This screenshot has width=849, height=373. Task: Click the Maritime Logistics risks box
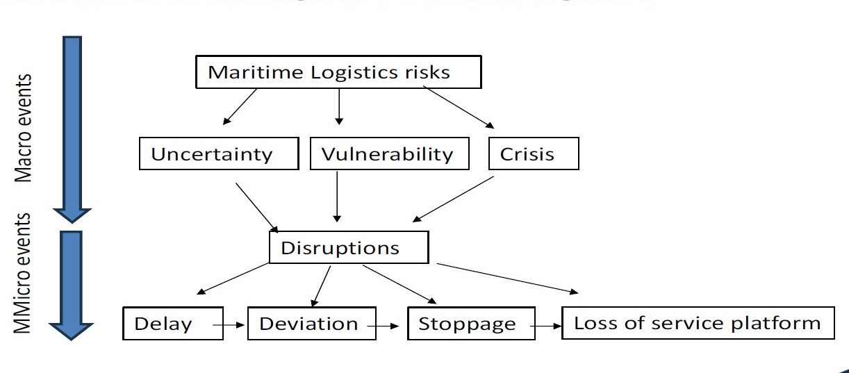(338, 72)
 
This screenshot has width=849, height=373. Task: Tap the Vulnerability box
(387, 154)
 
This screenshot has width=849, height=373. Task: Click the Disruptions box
(348, 247)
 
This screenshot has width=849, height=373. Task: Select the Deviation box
(311, 324)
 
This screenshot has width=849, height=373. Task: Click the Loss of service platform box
(698, 322)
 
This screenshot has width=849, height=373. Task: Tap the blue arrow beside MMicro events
(72, 285)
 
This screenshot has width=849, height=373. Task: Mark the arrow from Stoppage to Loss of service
(548, 324)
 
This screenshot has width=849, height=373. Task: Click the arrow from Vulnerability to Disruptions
(337, 197)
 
